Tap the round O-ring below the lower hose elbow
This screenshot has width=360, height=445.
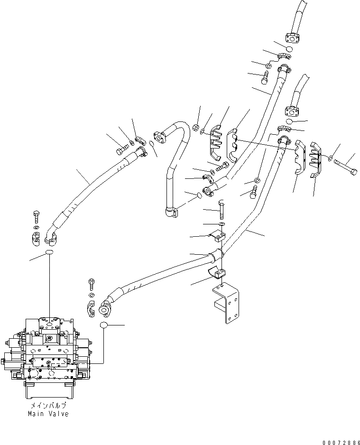(105, 325)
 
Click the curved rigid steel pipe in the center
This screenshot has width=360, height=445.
(173, 166)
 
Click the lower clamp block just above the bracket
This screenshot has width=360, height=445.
(217, 274)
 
